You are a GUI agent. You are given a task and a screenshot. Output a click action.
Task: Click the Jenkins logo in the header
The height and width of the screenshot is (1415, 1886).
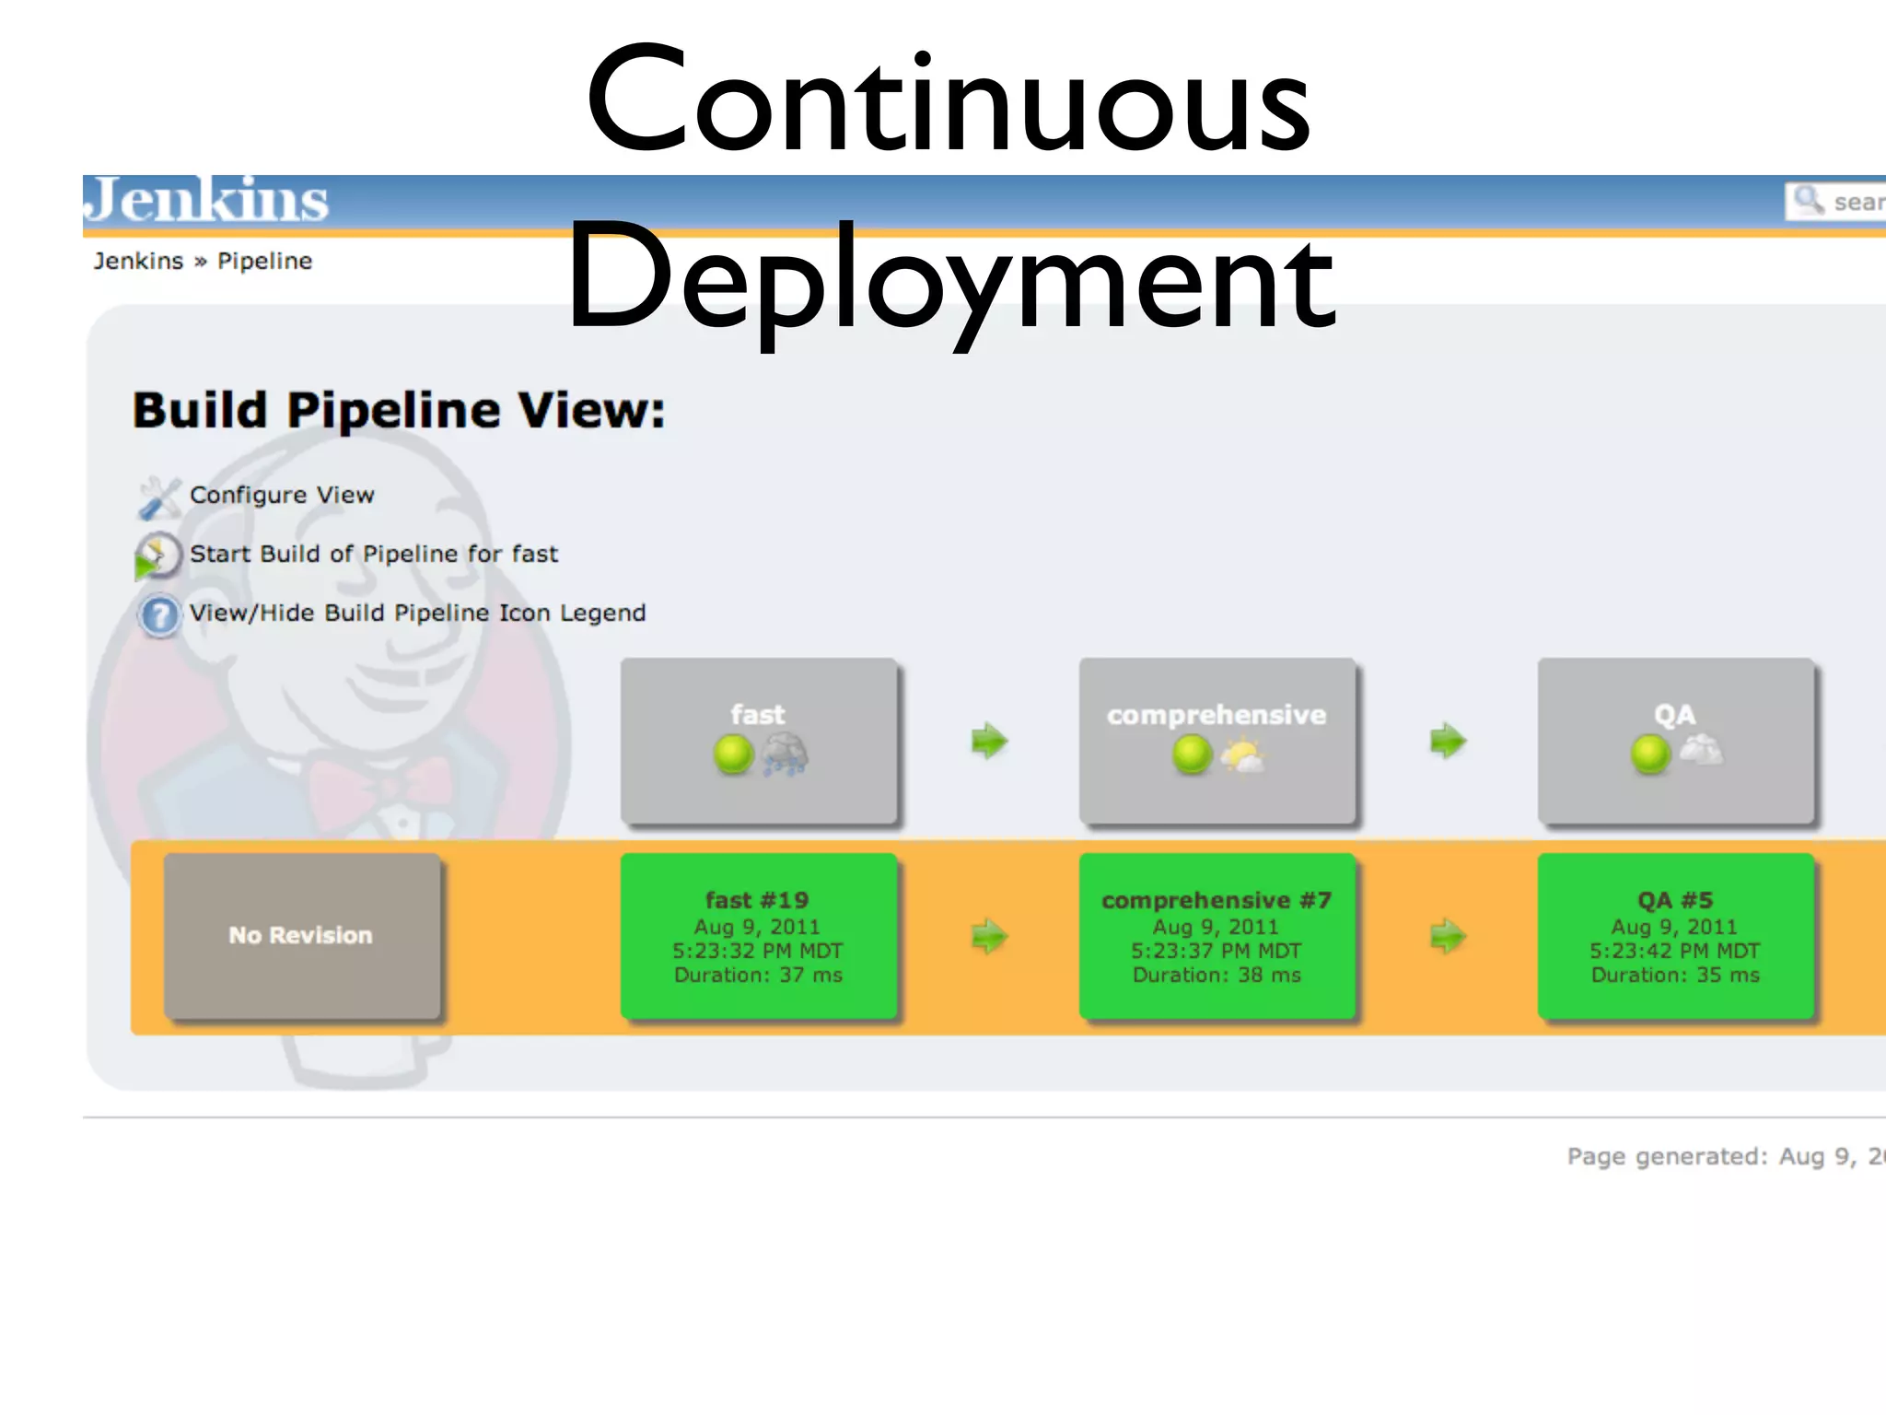coord(208,200)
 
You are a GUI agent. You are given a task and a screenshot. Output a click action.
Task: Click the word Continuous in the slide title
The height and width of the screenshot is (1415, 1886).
coord(949,101)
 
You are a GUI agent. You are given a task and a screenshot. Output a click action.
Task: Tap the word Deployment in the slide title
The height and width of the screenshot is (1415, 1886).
coord(950,276)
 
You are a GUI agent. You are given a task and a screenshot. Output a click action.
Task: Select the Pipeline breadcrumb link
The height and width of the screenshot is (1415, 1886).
coord(264,262)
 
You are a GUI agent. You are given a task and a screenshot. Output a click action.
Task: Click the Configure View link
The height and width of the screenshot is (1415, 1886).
coord(282,496)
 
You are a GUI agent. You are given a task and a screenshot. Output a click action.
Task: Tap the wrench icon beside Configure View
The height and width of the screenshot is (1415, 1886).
coord(158,497)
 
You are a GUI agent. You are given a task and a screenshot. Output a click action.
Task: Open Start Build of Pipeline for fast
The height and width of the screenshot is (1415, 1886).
coord(373,555)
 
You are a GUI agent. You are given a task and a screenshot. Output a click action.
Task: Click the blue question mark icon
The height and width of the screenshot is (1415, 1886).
coord(159,615)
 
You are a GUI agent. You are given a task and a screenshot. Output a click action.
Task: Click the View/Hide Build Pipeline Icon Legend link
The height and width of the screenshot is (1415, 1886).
coord(417,614)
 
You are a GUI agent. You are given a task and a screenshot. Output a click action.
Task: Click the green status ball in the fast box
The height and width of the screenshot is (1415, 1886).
coord(733,754)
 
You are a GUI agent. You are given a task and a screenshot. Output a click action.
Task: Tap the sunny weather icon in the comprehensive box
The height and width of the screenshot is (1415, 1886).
coord(1242,754)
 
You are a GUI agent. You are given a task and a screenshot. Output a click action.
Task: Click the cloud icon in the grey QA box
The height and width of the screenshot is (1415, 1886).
coord(1701,750)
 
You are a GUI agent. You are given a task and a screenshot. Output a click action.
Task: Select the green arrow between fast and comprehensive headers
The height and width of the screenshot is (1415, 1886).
coord(990,741)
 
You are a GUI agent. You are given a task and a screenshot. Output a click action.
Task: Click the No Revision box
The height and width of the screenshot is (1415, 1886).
coord(302,936)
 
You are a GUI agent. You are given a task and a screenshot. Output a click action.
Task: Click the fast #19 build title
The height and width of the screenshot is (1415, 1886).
coord(757,900)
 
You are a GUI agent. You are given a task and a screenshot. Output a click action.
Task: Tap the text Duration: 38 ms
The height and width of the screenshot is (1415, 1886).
coord(1217,976)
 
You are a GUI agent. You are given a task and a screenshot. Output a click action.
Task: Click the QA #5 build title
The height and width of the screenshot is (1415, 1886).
coord(1675,900)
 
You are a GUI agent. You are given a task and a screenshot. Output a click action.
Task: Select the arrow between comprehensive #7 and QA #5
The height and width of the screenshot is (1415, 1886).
coord(1448,937)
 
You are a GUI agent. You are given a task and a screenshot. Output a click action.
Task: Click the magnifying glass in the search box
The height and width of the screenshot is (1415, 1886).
coord(1808,200)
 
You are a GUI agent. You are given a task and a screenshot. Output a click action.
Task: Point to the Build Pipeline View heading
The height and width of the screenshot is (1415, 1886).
coord(399,411)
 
